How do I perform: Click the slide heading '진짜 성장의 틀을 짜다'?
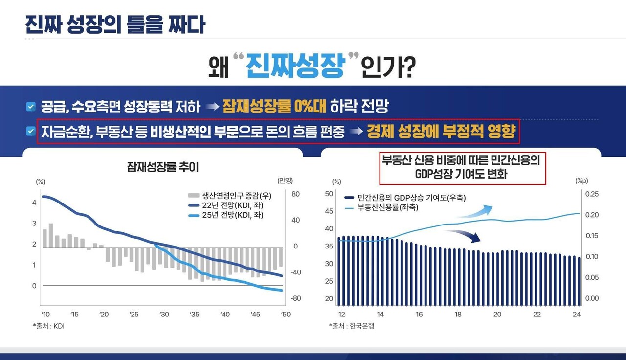point(115,24)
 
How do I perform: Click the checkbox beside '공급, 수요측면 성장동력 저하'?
point(31,106)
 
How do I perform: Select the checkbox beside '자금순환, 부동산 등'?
point(31,131)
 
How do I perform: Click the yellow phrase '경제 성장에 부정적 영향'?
point(441,131)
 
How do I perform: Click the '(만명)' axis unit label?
point(285,181)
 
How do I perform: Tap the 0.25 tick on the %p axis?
point(591,194)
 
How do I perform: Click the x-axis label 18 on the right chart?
point(458,314)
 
